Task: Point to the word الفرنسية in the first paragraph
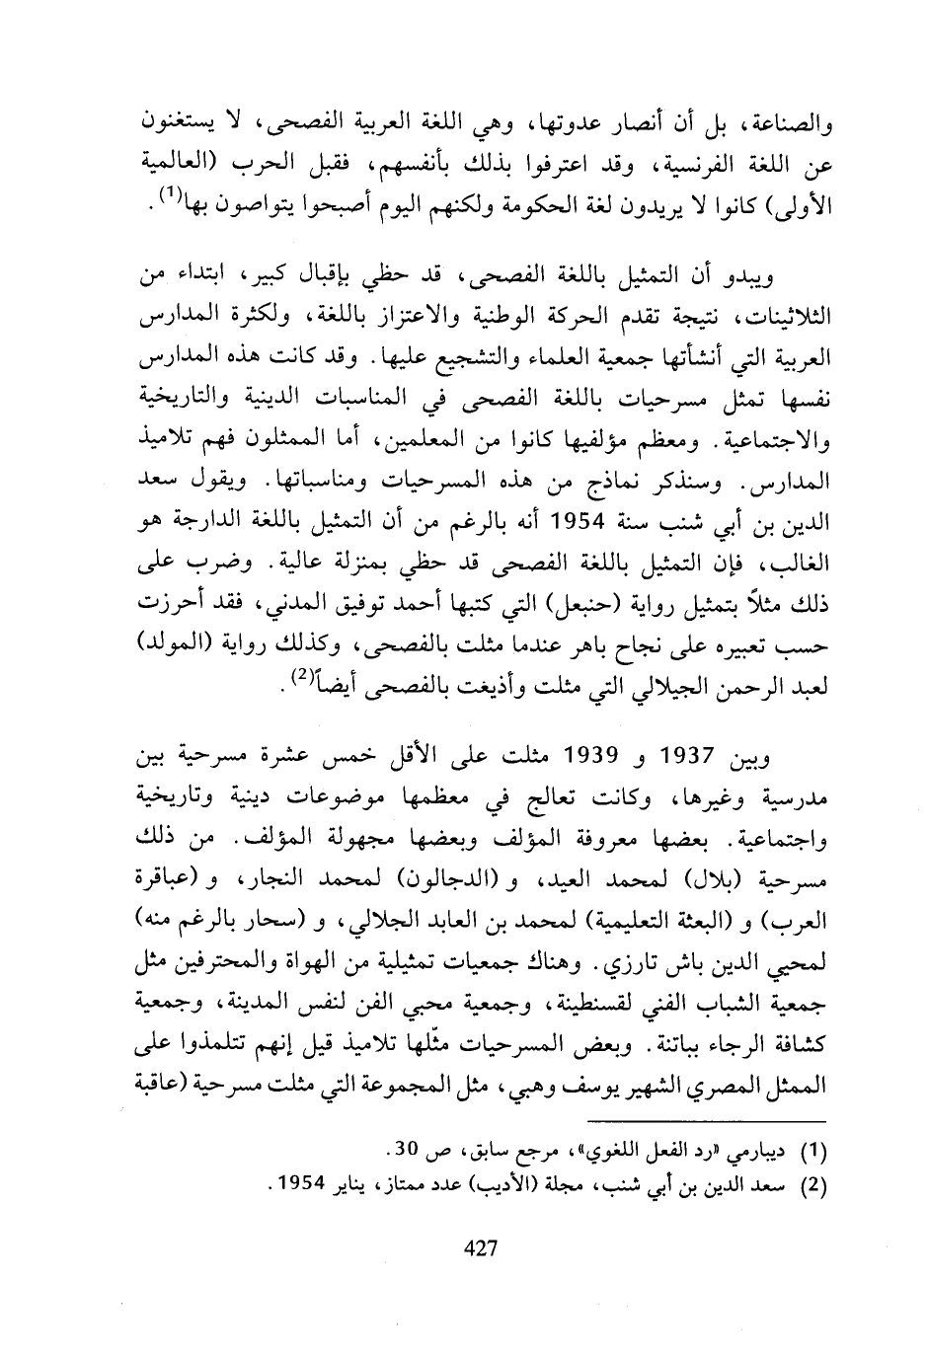723,162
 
